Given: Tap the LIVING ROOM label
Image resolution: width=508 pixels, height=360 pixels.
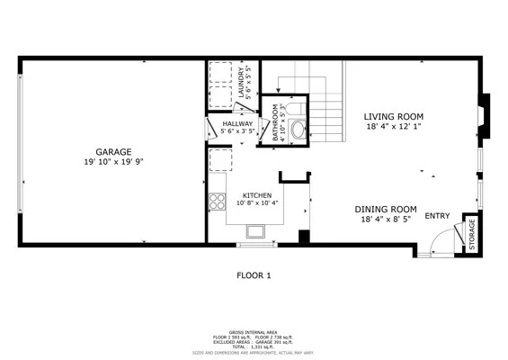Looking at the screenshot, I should point(393,116).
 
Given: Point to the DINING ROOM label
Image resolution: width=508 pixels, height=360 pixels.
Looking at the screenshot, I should point(386,208).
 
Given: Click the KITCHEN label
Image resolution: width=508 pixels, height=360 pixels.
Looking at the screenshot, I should point(256,194).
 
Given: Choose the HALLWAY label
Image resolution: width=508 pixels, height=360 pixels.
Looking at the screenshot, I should point(239,124).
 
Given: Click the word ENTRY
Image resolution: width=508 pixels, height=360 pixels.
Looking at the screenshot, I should point(437,216).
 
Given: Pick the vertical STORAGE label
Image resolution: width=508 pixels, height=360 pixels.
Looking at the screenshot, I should point(470,233).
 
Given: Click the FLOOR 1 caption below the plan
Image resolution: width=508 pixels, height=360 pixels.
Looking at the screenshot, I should point(254,275).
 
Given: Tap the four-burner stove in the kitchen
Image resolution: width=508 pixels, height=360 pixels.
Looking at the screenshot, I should point(217,201).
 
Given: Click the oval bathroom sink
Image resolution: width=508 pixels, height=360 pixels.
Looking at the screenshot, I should point(298,128).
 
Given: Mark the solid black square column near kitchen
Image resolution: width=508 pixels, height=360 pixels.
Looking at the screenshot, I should point(304,237).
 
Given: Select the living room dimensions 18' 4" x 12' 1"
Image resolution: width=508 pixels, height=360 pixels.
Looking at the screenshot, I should point(393,127).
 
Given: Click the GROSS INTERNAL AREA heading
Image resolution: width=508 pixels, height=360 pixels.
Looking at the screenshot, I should point(254,331).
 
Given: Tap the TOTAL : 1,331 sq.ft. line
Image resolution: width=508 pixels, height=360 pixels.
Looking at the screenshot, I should point(254,346).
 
